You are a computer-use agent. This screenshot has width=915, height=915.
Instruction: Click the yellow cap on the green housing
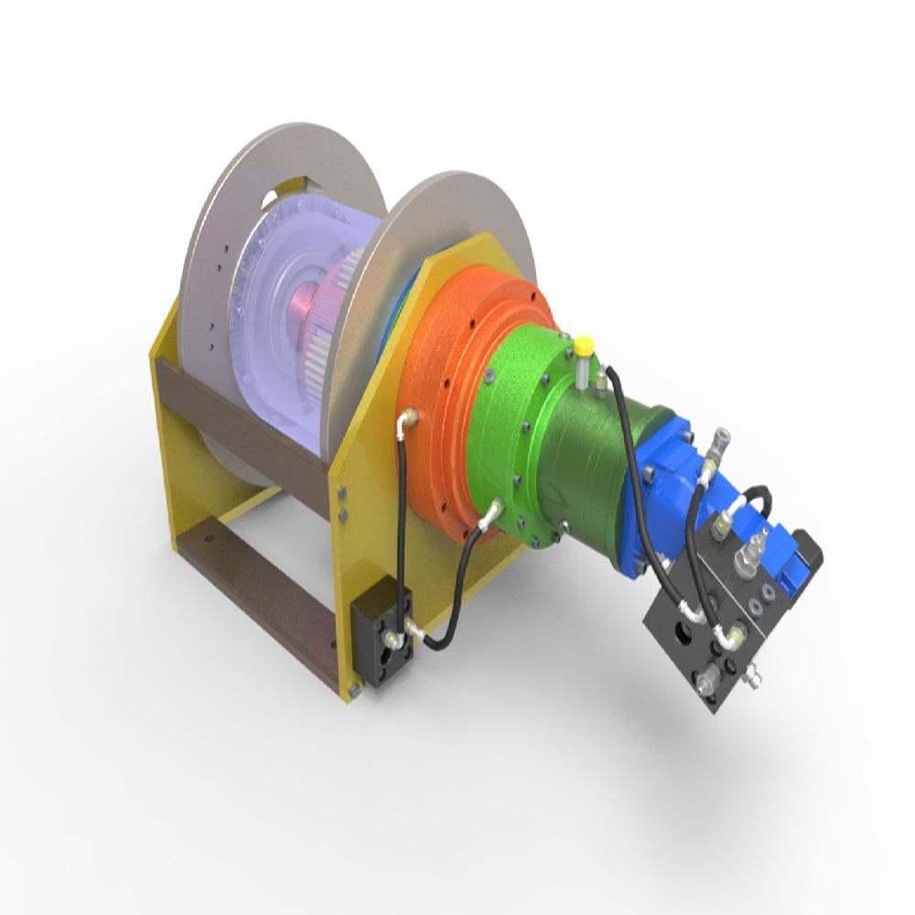[583, 346]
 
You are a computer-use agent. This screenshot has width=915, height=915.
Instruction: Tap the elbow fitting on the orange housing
[408, 418]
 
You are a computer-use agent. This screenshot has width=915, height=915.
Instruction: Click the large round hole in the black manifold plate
[682, 631]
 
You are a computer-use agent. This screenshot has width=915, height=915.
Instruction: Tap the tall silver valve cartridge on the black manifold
[752, 550]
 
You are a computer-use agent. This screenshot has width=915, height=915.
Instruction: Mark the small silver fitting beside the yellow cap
[602, 374]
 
